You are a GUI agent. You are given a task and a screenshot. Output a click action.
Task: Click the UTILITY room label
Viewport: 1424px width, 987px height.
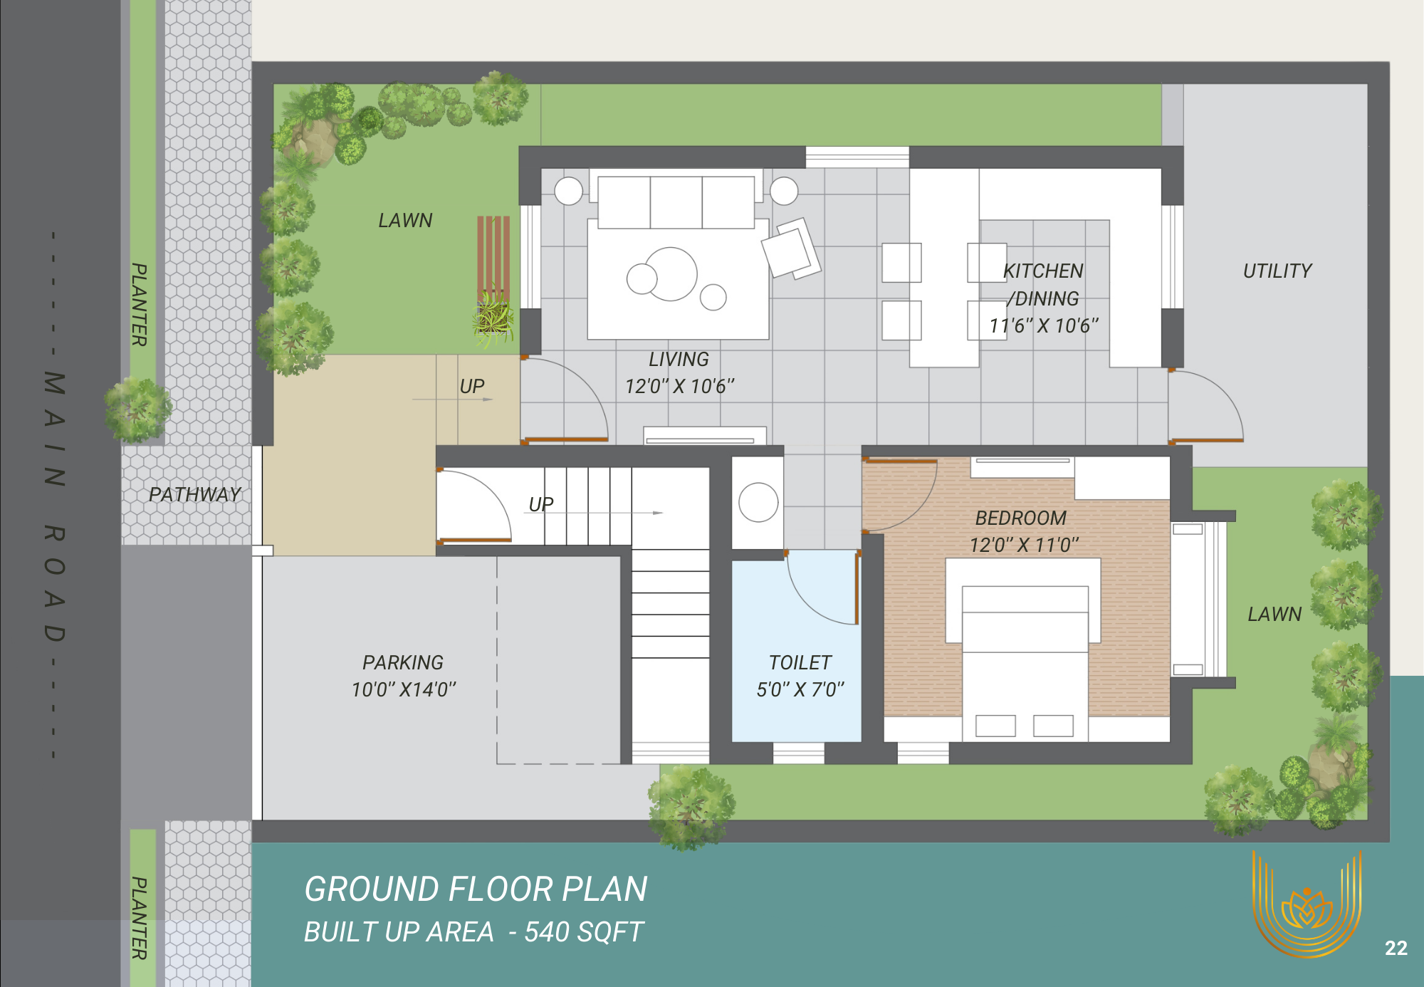pos(1277,271)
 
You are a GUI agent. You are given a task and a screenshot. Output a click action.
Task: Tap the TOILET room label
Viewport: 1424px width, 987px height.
pos(800,662)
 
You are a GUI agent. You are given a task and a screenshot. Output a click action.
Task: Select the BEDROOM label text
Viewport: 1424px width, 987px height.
pos(1021,518)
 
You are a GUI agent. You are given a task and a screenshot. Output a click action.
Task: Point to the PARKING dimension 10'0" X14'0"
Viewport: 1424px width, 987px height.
pos(404,689)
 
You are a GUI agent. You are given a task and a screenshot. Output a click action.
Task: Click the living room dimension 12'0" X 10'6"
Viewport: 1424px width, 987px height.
pos(679,386)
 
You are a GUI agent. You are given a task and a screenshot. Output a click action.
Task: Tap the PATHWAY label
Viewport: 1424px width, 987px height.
pos(194,494)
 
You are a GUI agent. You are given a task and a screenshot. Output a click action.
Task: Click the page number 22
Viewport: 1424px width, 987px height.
pos(1396,948)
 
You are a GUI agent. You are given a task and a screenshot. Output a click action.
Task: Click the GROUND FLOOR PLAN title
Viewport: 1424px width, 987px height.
pos(476,889)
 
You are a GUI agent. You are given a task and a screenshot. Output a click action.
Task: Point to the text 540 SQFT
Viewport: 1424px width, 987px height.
pos(584,931)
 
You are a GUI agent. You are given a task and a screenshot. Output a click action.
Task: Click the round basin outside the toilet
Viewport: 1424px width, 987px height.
pos(758,502)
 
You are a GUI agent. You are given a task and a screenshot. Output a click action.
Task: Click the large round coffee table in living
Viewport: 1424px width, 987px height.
pos(671,273)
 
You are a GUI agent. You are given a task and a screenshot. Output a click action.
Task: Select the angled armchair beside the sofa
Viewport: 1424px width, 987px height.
pos(791,248)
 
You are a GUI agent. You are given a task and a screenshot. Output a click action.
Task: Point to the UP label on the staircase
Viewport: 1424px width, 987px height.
pos(541,504)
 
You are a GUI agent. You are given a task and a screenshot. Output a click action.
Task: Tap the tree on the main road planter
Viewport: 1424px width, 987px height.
pos(138,409)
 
